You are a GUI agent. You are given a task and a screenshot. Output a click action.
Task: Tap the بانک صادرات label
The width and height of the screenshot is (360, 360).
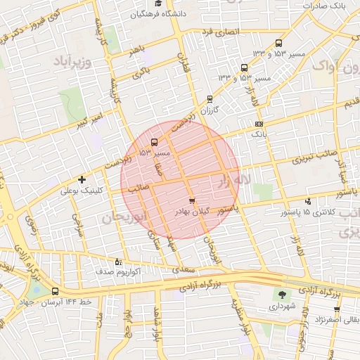coord(327,6)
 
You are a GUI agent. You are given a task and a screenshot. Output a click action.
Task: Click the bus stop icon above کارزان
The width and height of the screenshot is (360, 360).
coord(210,99)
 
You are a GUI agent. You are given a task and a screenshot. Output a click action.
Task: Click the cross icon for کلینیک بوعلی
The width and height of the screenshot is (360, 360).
coord(82,180)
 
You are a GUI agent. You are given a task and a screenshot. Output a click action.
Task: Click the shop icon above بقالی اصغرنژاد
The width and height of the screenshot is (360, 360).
coord(337,309)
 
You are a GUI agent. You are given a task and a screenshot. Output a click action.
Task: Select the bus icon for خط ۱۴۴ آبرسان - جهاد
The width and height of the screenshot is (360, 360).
coord(56,291)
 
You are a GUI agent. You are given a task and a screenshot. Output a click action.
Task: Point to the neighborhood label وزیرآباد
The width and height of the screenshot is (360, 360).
coord(72,61)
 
